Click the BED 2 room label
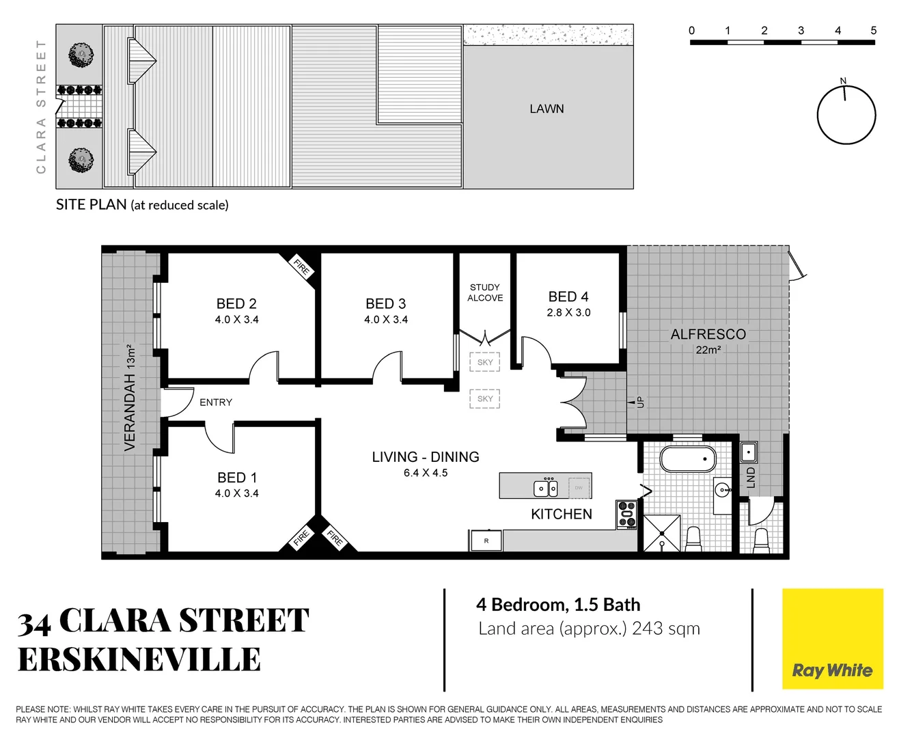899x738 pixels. coord(236,303)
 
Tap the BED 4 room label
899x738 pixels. coord(568,297)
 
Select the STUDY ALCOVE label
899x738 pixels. coord(485,292)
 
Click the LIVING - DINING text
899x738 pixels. coord(426,457)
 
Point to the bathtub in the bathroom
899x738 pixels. coord(688,459)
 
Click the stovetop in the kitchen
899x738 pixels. coord(627,515)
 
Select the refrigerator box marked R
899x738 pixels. coord(486,541)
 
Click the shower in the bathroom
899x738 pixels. coord(662,533)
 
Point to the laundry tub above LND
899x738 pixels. coord(749,452)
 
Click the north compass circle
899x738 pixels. coord(846,115)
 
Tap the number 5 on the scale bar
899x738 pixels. coord(874,31)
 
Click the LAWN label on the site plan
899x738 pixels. coord(547,109)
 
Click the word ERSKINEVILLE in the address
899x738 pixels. coord(139,660)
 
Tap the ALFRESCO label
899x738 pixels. coord(708,334)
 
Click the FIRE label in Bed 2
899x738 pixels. coord(301,266)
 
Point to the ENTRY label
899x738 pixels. coord(216,402)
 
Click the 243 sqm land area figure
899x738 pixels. coord(665,629)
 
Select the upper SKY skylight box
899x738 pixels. coord(485,362)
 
